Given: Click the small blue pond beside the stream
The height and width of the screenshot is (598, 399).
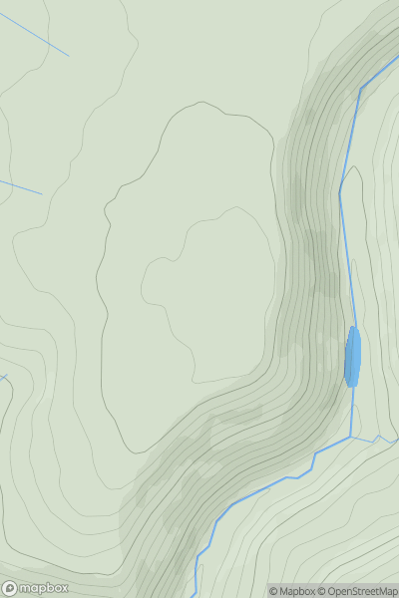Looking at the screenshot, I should tap(352, 357).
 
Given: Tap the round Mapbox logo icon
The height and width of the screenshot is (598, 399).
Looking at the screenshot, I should tap(10, 588).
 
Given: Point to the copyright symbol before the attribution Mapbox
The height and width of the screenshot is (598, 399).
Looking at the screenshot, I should tap(273, 591).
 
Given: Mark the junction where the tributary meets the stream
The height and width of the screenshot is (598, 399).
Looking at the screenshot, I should tap(352, 437).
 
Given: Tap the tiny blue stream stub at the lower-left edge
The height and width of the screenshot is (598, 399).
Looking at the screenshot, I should tap(3, 378).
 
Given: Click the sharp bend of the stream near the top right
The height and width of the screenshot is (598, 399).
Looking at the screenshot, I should tap(360, 89).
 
